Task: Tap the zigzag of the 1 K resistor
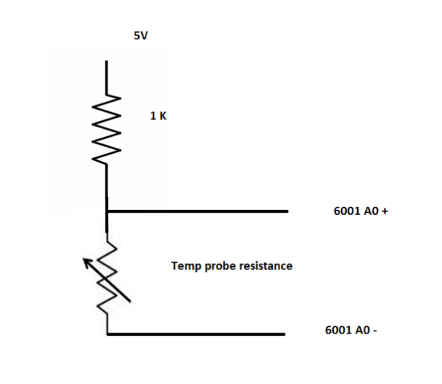coord(107,129)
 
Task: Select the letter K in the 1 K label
coord(163,116)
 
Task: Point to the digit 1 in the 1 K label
coord(152,116)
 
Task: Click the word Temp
coord(185,266)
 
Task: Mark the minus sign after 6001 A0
coord(375,330)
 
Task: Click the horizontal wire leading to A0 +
coord(198,212)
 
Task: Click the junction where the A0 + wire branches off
coord(108,212)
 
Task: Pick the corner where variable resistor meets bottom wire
coord(108,334)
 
